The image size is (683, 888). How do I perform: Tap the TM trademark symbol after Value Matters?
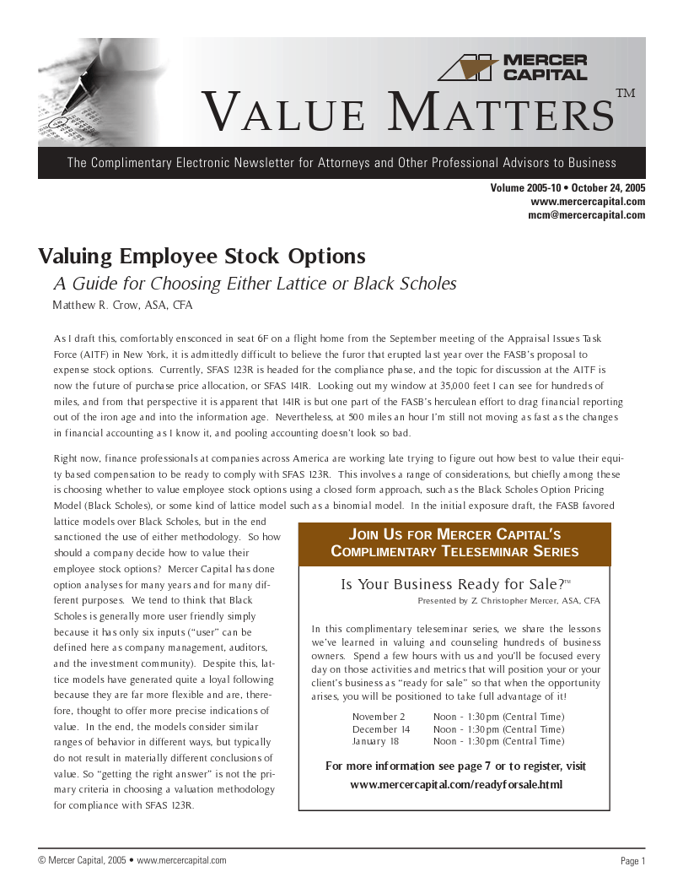(x=625, y=93)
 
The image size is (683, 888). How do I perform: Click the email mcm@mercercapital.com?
(x=586, y=215)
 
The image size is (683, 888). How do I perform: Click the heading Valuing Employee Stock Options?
(x=202, y=256)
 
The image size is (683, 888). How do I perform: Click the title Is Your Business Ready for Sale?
(x=452, y=585)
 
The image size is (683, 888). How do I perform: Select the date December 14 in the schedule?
(x=381, y=729)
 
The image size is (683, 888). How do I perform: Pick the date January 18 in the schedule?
(x=376, y=741)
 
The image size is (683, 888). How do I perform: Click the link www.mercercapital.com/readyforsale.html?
(x=455, y=785)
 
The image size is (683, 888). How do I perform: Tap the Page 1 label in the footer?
(x=632, y=861)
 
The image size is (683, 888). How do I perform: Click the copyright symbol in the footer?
(x=42, y=860)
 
